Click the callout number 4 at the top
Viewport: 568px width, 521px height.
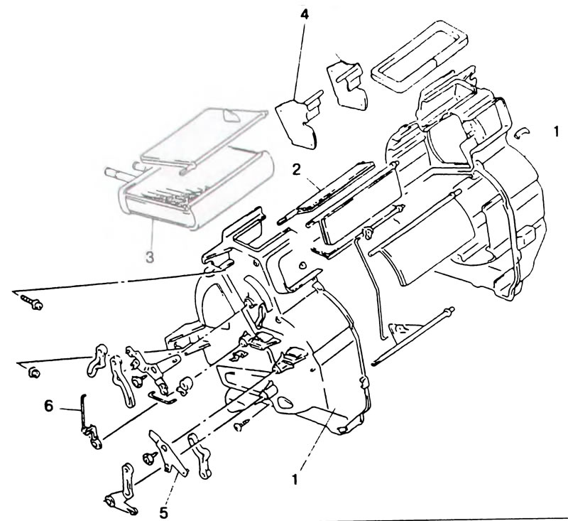click(305, 15)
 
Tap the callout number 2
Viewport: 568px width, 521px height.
click(297, 170)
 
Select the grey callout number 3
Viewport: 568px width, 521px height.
click(150, 257)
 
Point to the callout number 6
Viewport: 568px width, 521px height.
click(49, 406)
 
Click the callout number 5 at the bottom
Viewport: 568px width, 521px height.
click(164, 512)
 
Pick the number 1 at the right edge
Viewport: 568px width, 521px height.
click(557, 131)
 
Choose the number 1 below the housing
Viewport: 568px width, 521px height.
click(295, 480)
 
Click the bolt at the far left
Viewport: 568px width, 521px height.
click(33, 302)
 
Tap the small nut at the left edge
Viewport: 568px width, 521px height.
click(34, 372)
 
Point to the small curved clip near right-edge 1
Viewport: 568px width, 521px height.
click(522, 133)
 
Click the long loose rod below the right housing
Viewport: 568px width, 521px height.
click(413, 335)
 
